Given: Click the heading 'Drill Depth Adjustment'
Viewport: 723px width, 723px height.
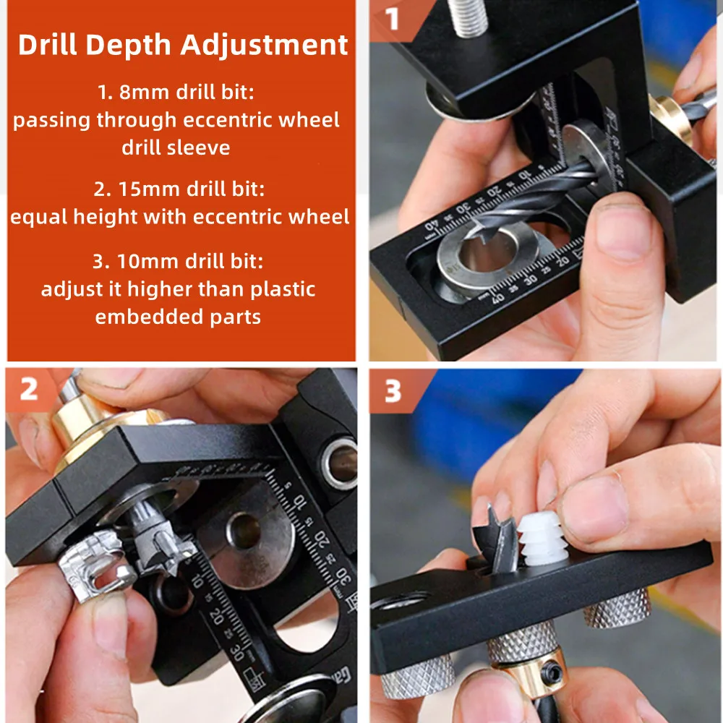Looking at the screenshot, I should tap(182, 45).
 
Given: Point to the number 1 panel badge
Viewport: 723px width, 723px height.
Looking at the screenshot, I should tap(393, 19).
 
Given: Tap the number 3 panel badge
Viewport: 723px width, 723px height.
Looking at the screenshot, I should tap(393, 391).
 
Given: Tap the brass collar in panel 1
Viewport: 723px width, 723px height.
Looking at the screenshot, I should tap(669, 116).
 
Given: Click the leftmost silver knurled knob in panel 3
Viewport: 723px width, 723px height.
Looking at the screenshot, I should tap(416, 676).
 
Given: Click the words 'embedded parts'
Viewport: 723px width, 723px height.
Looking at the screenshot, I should tap(178, 317).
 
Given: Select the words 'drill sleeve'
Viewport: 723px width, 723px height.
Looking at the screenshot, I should tap(176, 147).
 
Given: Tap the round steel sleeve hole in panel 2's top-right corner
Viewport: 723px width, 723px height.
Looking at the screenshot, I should tap(338, 461).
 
